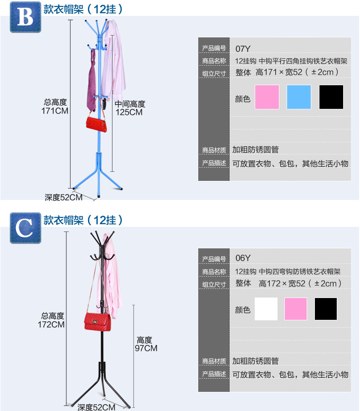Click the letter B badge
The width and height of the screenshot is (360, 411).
coord(25,17)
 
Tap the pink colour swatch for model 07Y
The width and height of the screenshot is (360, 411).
coord(267,97)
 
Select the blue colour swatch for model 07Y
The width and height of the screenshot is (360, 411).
coord(298,97)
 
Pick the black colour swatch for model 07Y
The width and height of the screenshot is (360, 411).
coord(331,97)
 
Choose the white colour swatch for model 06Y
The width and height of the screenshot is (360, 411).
coord(266,309)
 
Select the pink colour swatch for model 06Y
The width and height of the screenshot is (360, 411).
coord(296,309)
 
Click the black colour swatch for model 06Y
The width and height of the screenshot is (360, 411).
coord(326,309)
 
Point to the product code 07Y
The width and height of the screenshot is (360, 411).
coord(243,48)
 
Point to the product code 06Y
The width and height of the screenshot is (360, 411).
coord(243,258)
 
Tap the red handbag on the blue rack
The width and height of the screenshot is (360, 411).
coord(96,123)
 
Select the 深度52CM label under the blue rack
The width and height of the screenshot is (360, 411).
coord(63,197)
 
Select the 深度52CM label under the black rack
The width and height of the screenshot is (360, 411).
coord(96,407)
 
